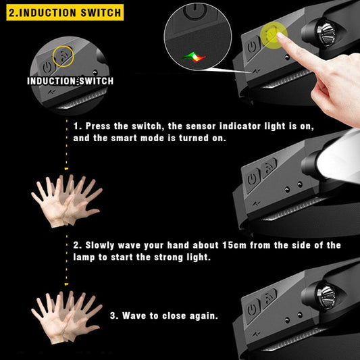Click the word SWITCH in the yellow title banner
tap(98, 12)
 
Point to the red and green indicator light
tap(193, 57)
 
